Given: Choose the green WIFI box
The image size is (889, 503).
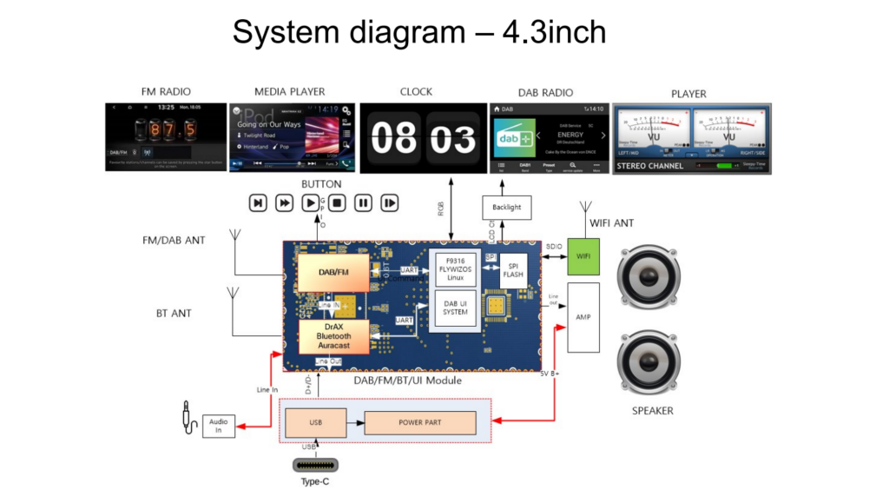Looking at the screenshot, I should point(583,256).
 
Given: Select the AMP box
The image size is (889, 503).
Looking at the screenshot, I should point(583,317).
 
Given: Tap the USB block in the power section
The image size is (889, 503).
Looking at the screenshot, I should point(316,422).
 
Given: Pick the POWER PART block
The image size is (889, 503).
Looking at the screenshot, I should point(420,422).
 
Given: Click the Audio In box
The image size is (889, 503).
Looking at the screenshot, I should point(219,426).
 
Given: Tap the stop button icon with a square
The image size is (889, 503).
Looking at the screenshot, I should point(337,202).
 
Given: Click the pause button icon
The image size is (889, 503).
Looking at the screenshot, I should point(364,202).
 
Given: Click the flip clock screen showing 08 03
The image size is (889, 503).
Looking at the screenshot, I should point(423,138).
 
